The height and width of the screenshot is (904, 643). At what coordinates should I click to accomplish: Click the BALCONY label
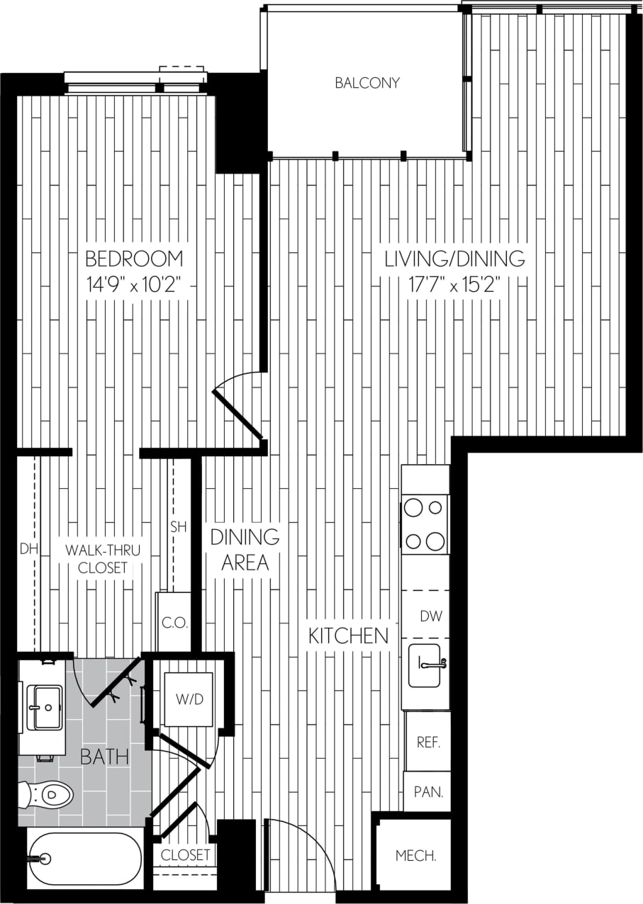(x=367, y=83)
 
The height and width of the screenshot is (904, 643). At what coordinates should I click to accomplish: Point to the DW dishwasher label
(x=430, y=616)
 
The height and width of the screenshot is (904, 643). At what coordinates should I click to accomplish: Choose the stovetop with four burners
(x=424, y=524)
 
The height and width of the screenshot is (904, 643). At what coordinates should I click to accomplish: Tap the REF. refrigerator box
(x=428, y=742)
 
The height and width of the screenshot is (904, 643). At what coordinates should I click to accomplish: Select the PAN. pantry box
(x=427, y=792)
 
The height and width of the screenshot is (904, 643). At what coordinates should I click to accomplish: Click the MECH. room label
(x=415, y=856)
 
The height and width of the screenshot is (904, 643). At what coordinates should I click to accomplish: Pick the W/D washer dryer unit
(x=189, y=699)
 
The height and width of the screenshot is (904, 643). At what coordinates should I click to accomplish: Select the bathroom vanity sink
(x=44, y=706)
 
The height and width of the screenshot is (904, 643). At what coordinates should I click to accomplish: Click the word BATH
(x=104, y=757)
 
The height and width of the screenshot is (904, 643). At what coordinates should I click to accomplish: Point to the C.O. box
(x=174, y=623)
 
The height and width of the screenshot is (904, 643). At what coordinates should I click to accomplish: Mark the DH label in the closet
(x=28, y=548)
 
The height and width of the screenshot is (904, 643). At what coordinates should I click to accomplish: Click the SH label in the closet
(x=178, y=526)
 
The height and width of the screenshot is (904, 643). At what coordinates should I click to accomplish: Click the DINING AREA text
(x=245, y=550)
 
